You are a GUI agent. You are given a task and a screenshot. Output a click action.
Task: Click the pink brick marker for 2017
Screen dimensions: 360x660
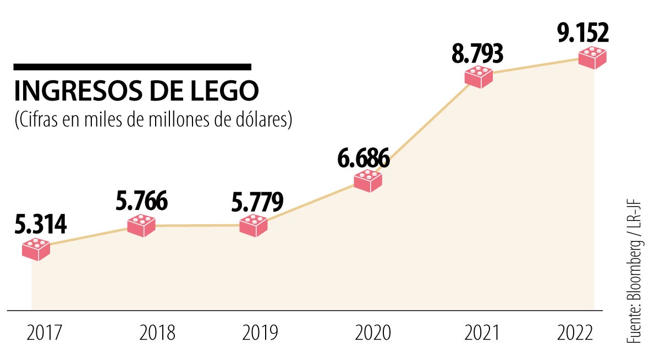pos(36,249)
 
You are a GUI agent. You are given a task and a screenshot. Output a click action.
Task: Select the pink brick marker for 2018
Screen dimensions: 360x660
pos(141,225)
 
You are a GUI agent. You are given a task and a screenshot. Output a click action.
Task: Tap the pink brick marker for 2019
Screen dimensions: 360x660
pos(254,225)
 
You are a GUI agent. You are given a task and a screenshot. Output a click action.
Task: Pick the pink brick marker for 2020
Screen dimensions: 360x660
pos(368,180)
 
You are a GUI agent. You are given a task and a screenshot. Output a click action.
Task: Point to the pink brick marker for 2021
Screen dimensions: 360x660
pos(479,76)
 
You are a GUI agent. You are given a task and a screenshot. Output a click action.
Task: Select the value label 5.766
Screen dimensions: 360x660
pos(141,201)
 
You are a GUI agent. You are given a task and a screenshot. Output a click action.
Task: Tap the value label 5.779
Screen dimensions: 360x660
pos(256,202)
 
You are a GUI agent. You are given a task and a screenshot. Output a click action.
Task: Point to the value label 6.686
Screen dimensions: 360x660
pos(364,158)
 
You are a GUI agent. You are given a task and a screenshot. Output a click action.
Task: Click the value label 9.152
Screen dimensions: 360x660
pos(583,33)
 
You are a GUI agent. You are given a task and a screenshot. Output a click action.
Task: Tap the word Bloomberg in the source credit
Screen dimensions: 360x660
pos(636,274)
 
